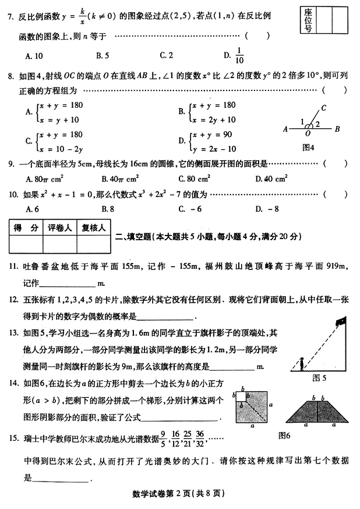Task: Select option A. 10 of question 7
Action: (x=36, y=56)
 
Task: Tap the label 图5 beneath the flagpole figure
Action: (x=320, y=377)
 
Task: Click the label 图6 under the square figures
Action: (x=285, y=435)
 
